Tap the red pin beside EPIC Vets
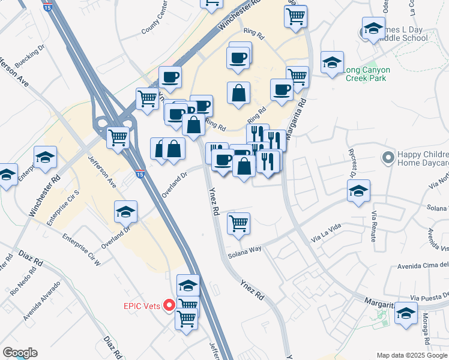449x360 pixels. [169, 305]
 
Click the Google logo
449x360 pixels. [20, 353]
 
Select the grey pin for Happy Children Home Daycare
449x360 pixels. [388, 158]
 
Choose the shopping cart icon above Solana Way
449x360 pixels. [239, 223]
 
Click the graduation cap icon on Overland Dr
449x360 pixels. [126, 211]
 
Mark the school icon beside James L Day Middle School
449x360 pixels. [373, 29]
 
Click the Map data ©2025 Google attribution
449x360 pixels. [412, 355]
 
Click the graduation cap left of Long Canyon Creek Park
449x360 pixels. [332, 61]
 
